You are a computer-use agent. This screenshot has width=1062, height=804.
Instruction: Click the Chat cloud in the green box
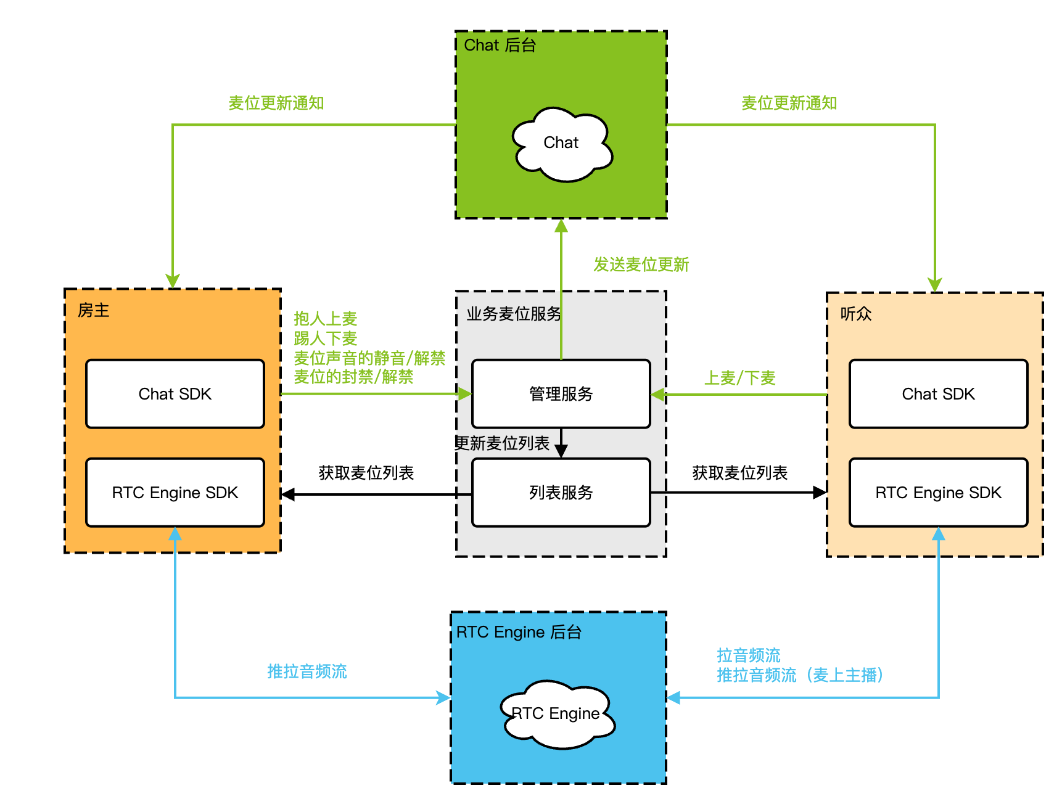pyautogui.click(x=561, y=144)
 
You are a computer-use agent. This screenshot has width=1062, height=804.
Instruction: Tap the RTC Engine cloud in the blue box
pyautogui.click(x=556, y=714)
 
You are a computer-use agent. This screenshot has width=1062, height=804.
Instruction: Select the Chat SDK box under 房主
pyautogui.click(x=175, y=394)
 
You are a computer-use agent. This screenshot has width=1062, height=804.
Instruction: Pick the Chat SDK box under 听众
pyautogui.click(x=938, y=394)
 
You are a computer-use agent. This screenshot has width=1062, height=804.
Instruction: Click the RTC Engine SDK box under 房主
pyautogui.click(x=175, y=493)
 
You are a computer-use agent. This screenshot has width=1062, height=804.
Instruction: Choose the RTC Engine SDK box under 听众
pyautogui.click(x=938, y=493)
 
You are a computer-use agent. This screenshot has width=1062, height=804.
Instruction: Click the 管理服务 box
pyautogui.click(x=561, y=394)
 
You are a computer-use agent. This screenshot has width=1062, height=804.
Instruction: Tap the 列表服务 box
pyautogui.click(x=561, y=493)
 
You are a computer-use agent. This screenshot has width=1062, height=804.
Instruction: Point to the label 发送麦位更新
pyautogui.click(x=641, y=265)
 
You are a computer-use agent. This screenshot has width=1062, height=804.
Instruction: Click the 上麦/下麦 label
pyautogui.click(x=739, y=378)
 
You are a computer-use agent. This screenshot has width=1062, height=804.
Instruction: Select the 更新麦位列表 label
pyautogui.click(x=502, y=443)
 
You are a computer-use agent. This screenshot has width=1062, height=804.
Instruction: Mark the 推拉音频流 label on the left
pyautogui.click(x=307, y=671)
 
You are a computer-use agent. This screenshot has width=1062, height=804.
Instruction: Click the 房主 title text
pyautogui.click(x=94, y=310)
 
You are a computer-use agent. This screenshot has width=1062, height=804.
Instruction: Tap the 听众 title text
pyautogui.click(x=856, y=314)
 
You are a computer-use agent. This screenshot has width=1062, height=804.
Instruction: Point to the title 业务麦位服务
pyautogui.click(x=514, y=314)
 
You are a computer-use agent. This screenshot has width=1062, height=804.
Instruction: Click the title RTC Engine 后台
pyautogui.click(x=519, y=632)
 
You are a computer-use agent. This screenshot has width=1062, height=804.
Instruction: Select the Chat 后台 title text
pyautogui.click(x=500, y=45)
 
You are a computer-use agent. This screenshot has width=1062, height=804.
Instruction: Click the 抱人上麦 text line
pyautogui.click(x=326, y=319)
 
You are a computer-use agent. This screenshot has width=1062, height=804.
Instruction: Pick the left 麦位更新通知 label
pyautogui.click(x=276, y=103)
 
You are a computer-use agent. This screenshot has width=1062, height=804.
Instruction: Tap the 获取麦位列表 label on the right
pyautogui.click(x=739, y=473)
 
